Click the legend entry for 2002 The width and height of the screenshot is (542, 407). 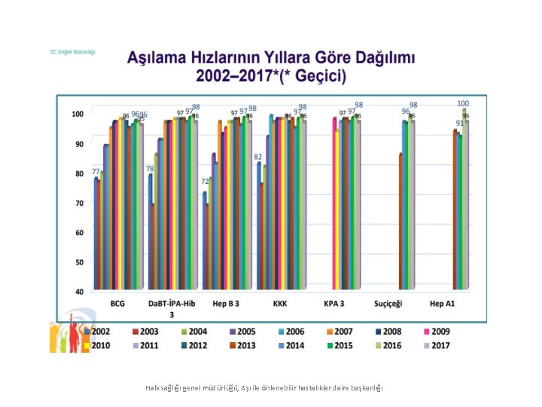pos(97,331)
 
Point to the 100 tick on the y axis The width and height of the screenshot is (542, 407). pos(78,114)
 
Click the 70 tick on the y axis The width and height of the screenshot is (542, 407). pos(79,203)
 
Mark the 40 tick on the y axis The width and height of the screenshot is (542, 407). pos(79,291)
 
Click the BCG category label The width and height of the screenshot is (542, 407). pos(117,304)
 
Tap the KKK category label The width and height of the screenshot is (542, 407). pos(280,304)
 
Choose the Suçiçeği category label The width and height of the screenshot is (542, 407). pos(389,304)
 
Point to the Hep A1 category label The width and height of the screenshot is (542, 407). pos(443,304)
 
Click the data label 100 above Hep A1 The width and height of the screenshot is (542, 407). pos(463,103)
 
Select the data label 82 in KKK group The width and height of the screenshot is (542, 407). pos(257,157)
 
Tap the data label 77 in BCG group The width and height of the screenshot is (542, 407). pos(96,172)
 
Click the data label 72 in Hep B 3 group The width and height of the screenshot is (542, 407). pos(204,182)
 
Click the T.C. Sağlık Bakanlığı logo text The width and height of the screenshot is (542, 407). pos(72,52)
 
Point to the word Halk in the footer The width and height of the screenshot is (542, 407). pos(153,387)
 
